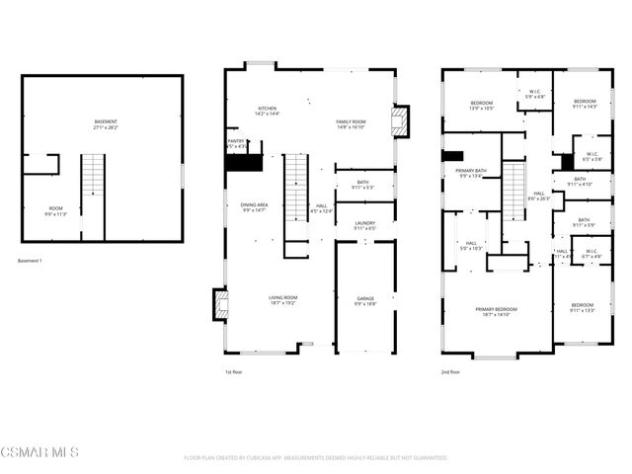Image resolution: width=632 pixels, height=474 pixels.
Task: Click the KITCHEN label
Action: pyautogui.click(x=268, y=112)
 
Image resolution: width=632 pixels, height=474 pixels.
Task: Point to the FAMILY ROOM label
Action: pyautogui.click(x=352, y=123)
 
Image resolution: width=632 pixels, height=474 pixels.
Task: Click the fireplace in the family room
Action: pyautogui.click(x=400, y=122)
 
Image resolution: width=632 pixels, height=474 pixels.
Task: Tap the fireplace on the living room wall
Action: pyautogui.click(x=221, y=303)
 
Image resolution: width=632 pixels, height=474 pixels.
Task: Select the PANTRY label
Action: pyautogui.click(x=237, y=144)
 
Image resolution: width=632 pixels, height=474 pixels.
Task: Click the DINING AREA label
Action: pyautogui.click(x=255, y=207)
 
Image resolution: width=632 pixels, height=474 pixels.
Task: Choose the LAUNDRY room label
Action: pyautogui.click(x=364, y=226)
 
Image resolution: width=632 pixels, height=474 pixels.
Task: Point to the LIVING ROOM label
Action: pyautogui.click(x=283, y=300)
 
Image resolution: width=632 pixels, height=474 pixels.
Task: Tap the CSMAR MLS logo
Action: pyautogui.click(x=39, y=452)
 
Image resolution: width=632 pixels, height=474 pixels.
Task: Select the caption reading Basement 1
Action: pyautogui.click(x=32, y=261)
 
